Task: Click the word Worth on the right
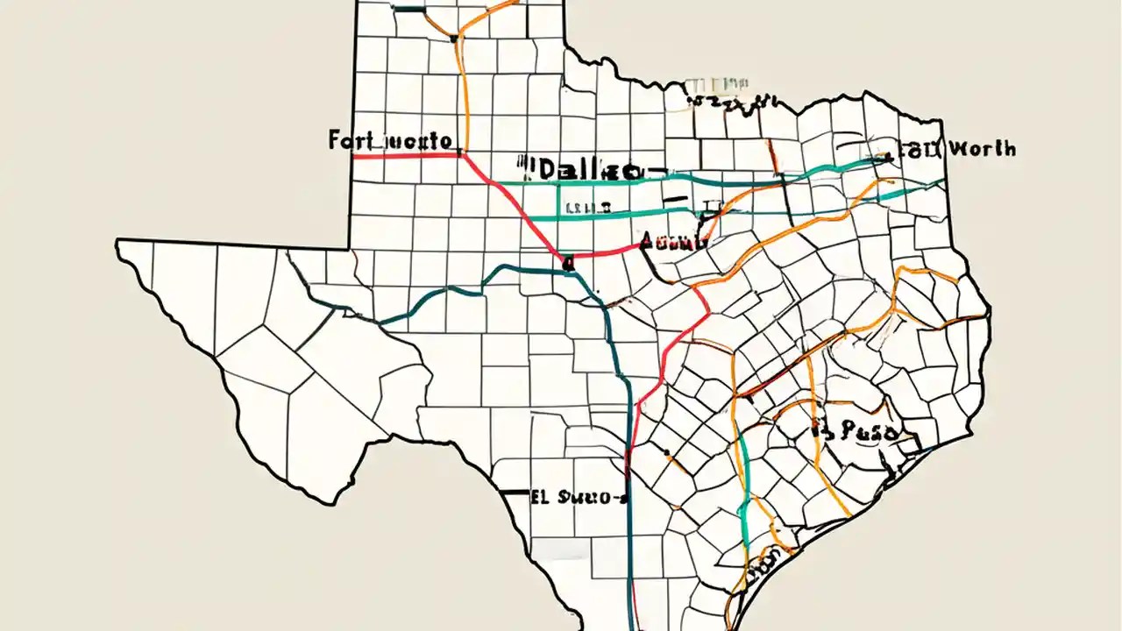click(x=982, y=149)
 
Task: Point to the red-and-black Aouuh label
click(x=673, y=242)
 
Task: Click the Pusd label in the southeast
click(x=863, y=430)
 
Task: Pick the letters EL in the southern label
click(x=539, y=497)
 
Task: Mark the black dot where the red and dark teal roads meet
click(x=568, y=260)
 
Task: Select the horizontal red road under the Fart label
click(x=408, y=156)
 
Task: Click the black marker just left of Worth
click(x=890, y=159)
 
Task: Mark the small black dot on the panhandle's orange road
click(x=453, y=38)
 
